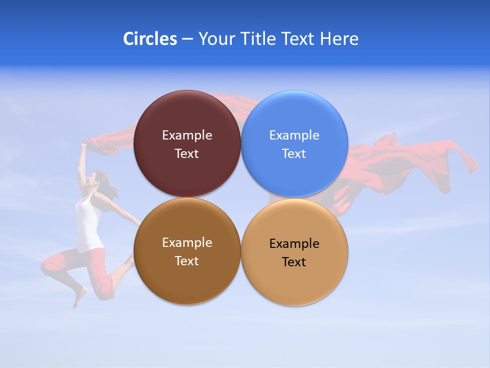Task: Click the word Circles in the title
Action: [150, 39]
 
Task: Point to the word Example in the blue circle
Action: [295, 135]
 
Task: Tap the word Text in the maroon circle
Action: [187, 154]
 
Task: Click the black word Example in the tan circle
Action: [295, 244]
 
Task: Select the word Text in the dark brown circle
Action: [187, 261]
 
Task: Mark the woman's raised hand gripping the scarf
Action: [83, 147]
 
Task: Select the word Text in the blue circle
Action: [295, 154]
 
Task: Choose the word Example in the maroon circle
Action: [187, 135]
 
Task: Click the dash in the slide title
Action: [187, 39]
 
